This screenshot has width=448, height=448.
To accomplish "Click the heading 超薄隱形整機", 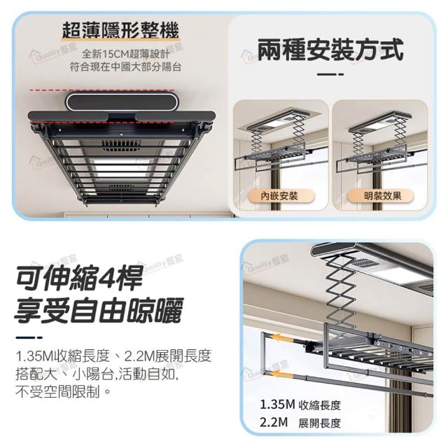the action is click(120, 30).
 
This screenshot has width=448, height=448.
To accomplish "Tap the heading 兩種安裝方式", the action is click(330, 50).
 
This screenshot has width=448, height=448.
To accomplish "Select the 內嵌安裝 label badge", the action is click(279, 196).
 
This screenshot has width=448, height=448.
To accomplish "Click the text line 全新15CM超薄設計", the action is click(126, 53).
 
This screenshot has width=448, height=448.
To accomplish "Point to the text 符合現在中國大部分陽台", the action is click(126, 67).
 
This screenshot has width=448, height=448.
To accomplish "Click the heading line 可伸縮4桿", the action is click(79, 277).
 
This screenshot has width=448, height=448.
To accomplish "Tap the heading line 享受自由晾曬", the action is click(99, 310).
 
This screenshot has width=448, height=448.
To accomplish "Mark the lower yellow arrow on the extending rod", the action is click(281, 374).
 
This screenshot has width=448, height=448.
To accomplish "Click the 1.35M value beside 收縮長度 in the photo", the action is click(277, 405).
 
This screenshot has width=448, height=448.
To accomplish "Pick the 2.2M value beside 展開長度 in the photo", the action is click(274, 422).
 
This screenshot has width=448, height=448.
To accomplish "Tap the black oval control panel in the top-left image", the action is click(122, 101).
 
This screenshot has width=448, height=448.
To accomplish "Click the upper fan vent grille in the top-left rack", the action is click(121, 146).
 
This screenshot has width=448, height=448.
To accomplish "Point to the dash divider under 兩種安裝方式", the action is click(330, 75).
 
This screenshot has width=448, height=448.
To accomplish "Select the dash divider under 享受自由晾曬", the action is click(29, 337).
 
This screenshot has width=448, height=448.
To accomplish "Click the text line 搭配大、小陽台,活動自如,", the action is click(97, 374).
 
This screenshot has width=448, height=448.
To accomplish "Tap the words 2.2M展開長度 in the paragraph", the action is click(168, 356).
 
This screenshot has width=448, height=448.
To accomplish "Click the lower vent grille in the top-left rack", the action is click(121, 188).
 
